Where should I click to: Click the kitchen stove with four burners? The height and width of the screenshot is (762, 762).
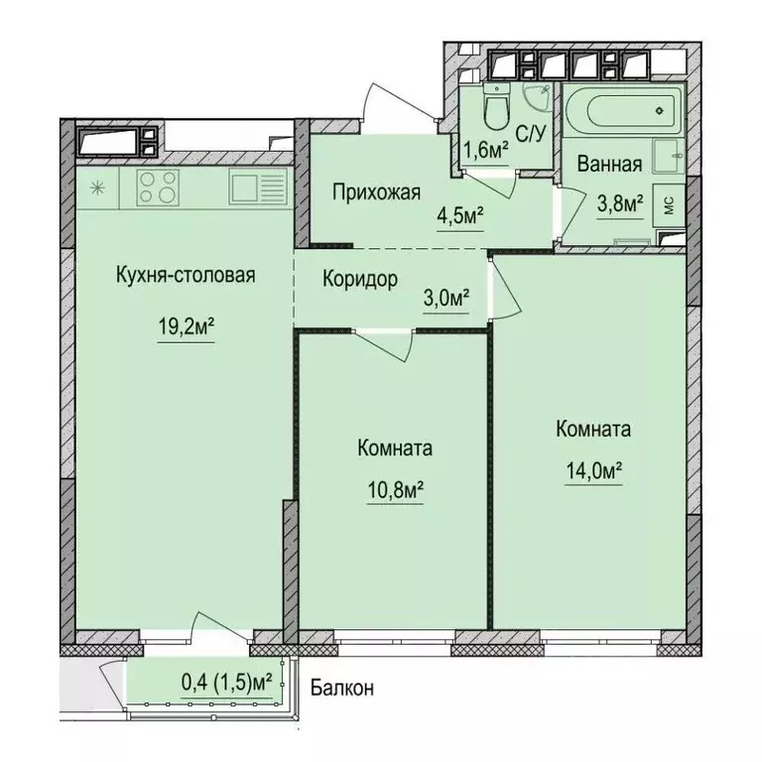(x=158, y=187)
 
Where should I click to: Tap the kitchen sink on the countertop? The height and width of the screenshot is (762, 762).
(x=257, y=187)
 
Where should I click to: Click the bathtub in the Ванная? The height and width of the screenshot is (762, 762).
(x=622, y=111)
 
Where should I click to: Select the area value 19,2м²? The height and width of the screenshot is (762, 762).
(x=187, y=328)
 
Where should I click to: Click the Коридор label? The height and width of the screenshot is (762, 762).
(x=360, y=279)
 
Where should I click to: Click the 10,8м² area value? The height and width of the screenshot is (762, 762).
(x=394, y=489)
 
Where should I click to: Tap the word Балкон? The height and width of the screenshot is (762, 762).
(x=341, y=688)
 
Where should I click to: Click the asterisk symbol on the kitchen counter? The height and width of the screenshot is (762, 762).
(x=97, y=187)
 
